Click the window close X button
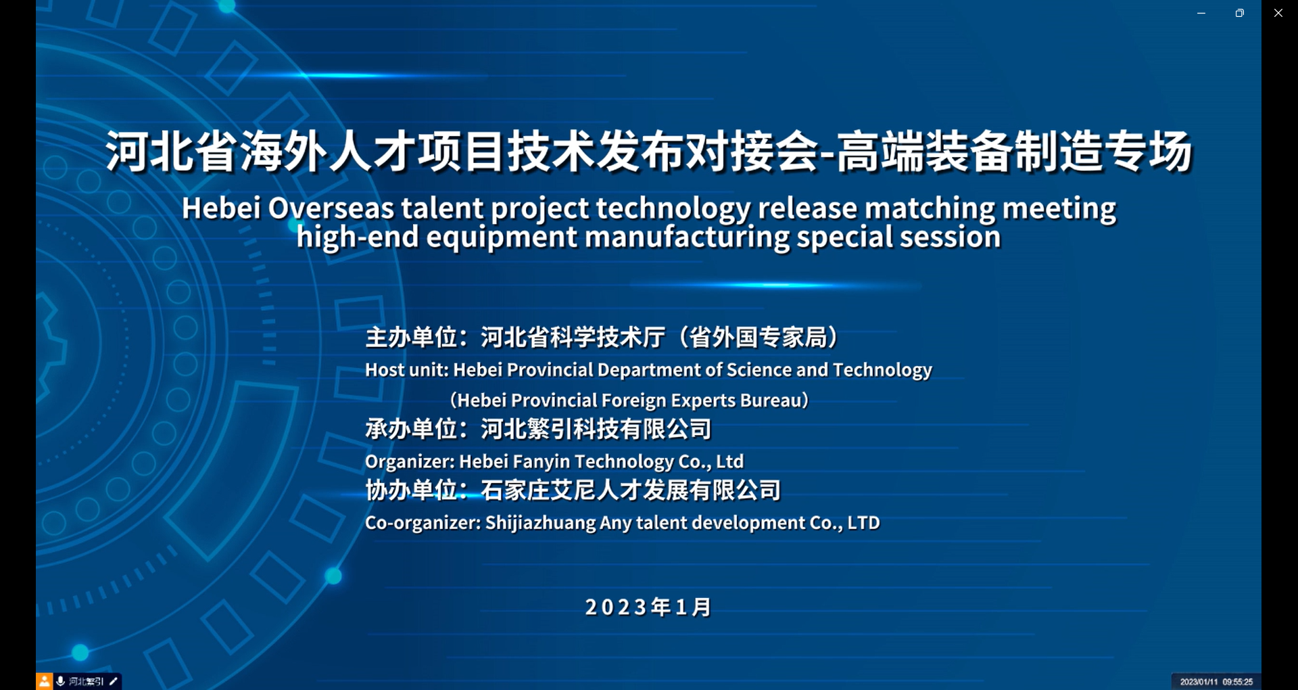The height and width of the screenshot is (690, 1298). click(x=1278, y=13)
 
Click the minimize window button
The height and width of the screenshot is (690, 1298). click(x=1201, y=14)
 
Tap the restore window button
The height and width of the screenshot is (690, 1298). click(x=1239, y=13)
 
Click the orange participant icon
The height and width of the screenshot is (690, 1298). click(x=45, y=681)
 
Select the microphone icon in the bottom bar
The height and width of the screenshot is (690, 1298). click(x=61, y=681)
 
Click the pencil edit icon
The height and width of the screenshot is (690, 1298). click(x=114, y=681)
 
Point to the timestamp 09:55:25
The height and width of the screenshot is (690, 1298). click(x=1237, y=682)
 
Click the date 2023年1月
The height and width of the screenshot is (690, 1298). click(x=648, y=607)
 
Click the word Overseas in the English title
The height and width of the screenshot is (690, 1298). click(x=331, y=208)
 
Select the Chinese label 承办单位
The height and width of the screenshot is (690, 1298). click(x=410, y=429)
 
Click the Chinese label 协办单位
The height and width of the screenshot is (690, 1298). click(x=410, y=490)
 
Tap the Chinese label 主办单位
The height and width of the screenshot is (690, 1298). click(x=410, y=337)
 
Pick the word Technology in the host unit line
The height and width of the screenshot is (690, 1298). click(x=882, y=370)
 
